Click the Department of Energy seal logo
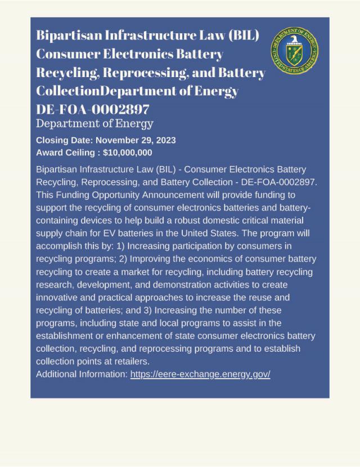coord(294,50)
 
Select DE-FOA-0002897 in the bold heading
coord(93,109)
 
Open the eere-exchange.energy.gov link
coord(200,374)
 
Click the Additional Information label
coord(82,374)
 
